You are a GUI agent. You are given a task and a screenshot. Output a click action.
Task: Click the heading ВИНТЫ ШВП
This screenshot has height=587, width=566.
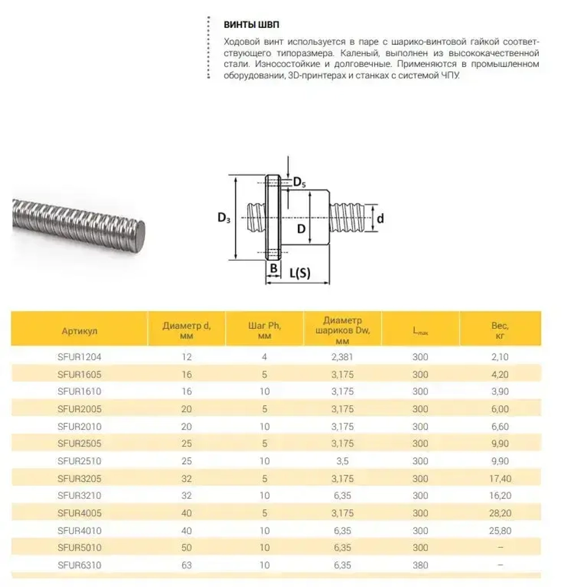pos(251,25)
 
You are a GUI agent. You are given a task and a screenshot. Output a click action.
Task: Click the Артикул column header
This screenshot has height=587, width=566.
pos(79,331)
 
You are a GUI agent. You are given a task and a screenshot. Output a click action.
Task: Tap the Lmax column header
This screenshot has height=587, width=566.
pos(420,332)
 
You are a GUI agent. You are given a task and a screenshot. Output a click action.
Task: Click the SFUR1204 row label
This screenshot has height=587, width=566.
pos(79,357)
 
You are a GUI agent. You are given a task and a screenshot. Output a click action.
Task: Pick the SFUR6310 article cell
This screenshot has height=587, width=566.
pos(79,565)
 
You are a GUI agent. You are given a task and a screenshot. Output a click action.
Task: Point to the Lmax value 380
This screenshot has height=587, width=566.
pos(420,565)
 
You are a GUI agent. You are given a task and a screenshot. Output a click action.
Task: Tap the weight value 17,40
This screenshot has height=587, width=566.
pos(500,479)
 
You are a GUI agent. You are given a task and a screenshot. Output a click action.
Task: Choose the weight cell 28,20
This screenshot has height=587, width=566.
pos(500,513)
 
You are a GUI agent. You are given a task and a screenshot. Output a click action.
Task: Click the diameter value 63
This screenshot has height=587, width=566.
pos(187,565)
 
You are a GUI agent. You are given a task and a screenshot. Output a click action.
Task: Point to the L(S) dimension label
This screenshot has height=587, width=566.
pos(300,273)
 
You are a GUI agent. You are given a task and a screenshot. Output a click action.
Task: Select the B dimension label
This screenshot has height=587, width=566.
pos(273,268)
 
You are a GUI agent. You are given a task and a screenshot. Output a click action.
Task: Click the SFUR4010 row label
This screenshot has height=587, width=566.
pos(79,530)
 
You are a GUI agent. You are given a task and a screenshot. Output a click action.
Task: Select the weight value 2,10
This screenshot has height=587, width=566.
pos(500,357)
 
